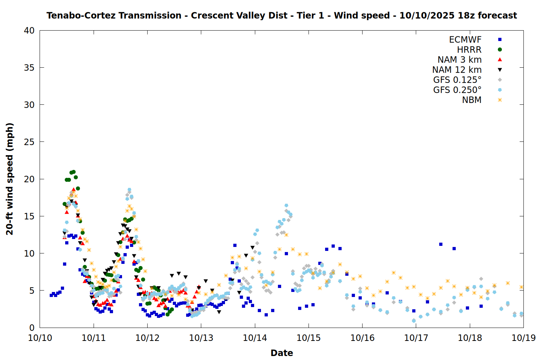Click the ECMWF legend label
[465, 40]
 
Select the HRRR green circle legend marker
[500, 50]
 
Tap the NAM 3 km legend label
[459, 60]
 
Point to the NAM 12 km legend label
[457, 70]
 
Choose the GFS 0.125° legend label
[457, 80]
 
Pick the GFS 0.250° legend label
[457, 90]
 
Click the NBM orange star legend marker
[500, 100]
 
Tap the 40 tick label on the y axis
[29, 31]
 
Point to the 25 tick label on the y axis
[29, 142]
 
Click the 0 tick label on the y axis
[32, 328]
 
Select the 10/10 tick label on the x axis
[40, 338]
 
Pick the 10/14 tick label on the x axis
[255, 338]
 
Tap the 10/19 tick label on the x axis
[523, 338]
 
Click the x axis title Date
[282, 353]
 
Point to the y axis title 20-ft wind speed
[10, 179]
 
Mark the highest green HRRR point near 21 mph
[73, 172]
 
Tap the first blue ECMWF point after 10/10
[51, 295]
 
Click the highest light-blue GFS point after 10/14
[286, 206]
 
